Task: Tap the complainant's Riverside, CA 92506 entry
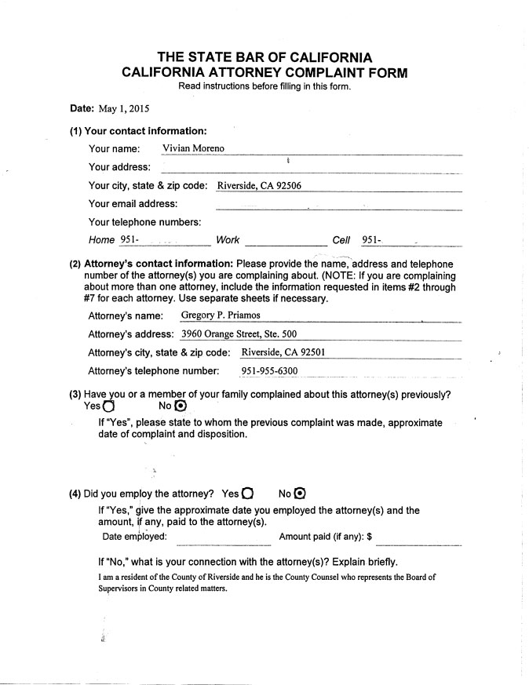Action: pyautogui.click(x=259, y=186)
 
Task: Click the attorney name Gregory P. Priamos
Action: pyautogui.click(x=221, y=315)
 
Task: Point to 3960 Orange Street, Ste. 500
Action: pyautogui.click(x=239, y=333)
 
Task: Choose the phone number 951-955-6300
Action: pyautogui.click(x=269, y=370)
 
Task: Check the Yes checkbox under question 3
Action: pyautogui.click(x=108, y=406)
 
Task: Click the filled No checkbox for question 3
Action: pyautogui.click(x=181, y=406)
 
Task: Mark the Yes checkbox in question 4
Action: pyautogui.click(x=248, y=494)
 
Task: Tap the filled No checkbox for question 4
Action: pyautogui.click(x=299, y=494)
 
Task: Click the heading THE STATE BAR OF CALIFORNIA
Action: pyautogui.click(x=264, y=57)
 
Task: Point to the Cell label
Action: pyautogui.click(x=341, y=240)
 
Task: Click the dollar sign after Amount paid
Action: pyautogui.click(x=368, y=537)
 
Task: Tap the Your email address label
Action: pyautogui.click(x=133, y=204)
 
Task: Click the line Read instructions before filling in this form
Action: pyautogui.click(x=264, y=86)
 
